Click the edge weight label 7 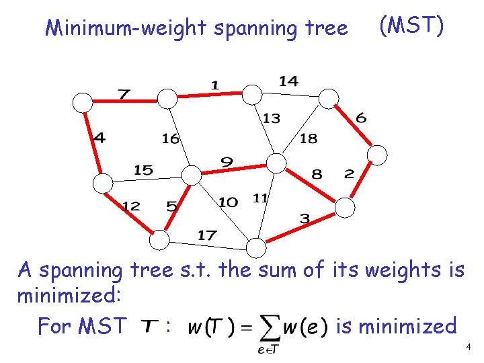tap(123, 93)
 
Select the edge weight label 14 tap(288, 81)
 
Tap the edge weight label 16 tap(171, 139)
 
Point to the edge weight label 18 tap(308, 139)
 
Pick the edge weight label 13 tap(271, 119)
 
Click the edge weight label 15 tap(143, 170)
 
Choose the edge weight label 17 tap(207, 235)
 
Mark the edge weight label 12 tap(130, 206)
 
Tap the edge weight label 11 tap(260, 198)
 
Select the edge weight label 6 tap(361, 118)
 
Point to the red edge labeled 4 tap(93, 143)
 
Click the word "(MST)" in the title tap(411, 26)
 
